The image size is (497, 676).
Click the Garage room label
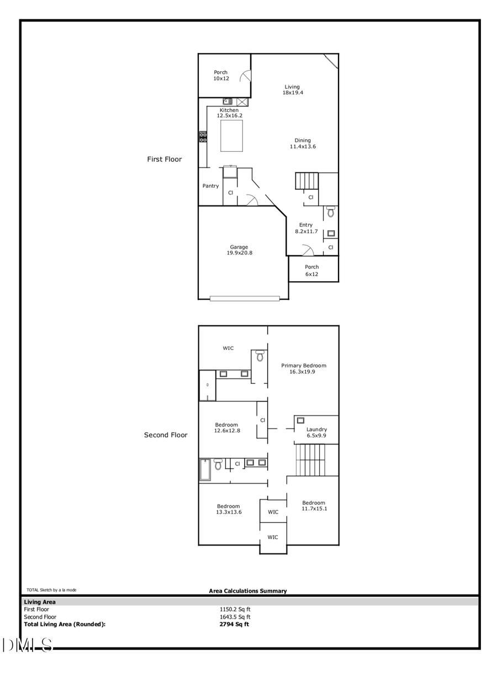(x=239, y=250)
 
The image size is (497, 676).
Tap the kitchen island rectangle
(x=231, y=136)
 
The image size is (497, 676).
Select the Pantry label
(x=210, y=186)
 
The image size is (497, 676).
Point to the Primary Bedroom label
(x=303, y=368)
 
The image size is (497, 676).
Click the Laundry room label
(x=316, y=432)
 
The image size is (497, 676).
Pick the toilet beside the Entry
(x=331, y=212)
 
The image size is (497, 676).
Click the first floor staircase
(x=307, y=181)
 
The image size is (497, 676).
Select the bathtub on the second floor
(x=205, y=469)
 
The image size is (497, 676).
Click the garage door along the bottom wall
(x=249, y=299)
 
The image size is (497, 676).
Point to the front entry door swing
(x=307, y=251)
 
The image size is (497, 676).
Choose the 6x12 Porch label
(x=312, y=271)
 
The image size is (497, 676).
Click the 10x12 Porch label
(x=221, y=76)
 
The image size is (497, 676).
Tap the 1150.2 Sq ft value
(x=235, y=609)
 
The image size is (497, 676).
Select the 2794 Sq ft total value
(x=234, y=625)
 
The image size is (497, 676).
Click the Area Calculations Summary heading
(x=248, y=591)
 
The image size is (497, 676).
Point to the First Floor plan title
(x=164, y=159)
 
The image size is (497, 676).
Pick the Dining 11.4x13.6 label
(x=303, y=144)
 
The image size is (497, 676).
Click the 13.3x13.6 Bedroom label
(x=228, y=509)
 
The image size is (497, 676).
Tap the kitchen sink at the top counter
(x=228, y=102)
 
